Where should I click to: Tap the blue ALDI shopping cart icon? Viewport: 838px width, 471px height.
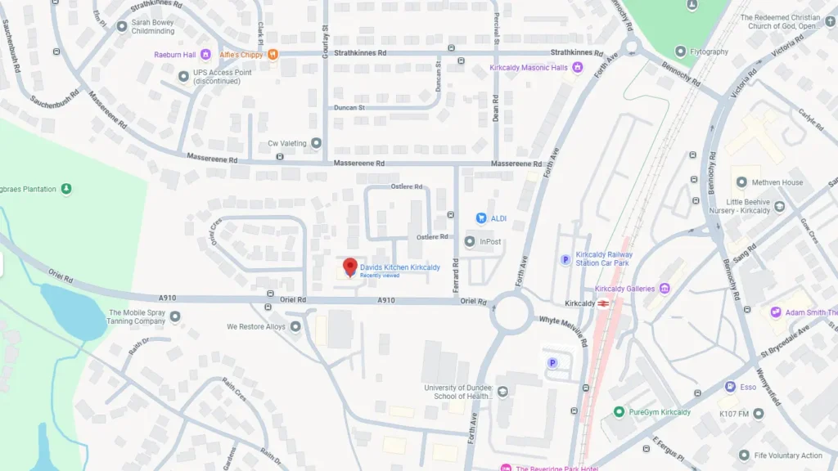tap(481, 218)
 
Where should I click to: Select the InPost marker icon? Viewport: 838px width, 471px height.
tap(470, 241)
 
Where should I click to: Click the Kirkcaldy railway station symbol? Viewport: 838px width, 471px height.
tap(603, 303)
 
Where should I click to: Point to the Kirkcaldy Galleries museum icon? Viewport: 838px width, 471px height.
tap(665, 288)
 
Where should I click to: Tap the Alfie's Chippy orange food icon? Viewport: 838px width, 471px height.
tap(273, 55)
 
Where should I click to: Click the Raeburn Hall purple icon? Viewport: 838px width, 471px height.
tap(205, 55)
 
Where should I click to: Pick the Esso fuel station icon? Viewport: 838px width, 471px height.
tap(729, 387)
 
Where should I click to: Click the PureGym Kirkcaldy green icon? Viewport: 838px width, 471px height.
tap(619, 412)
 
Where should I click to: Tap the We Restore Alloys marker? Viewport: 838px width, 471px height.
tap(295, 326)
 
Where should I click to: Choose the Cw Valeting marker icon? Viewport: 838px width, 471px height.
tap(316, 143)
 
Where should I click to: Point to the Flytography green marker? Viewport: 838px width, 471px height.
tap(679, 52)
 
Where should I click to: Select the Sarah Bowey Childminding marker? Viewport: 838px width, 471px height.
tap(122, 27)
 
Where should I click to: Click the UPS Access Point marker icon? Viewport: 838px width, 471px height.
tap(183, 76)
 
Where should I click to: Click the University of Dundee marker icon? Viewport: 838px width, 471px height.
tap(502, 392)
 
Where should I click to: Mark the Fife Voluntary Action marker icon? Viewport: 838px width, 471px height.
tap(744, 455)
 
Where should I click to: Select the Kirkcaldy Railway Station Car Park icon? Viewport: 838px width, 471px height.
tap(565, 259)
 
